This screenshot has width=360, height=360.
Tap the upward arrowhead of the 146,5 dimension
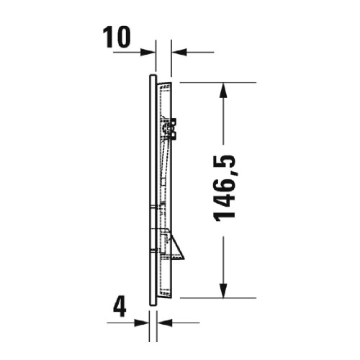click(225, 89)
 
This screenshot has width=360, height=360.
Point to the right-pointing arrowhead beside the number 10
click(149, 52)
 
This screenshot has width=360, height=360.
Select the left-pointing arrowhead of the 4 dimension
click(162, 322)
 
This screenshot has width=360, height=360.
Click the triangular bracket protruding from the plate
click(177, 248)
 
